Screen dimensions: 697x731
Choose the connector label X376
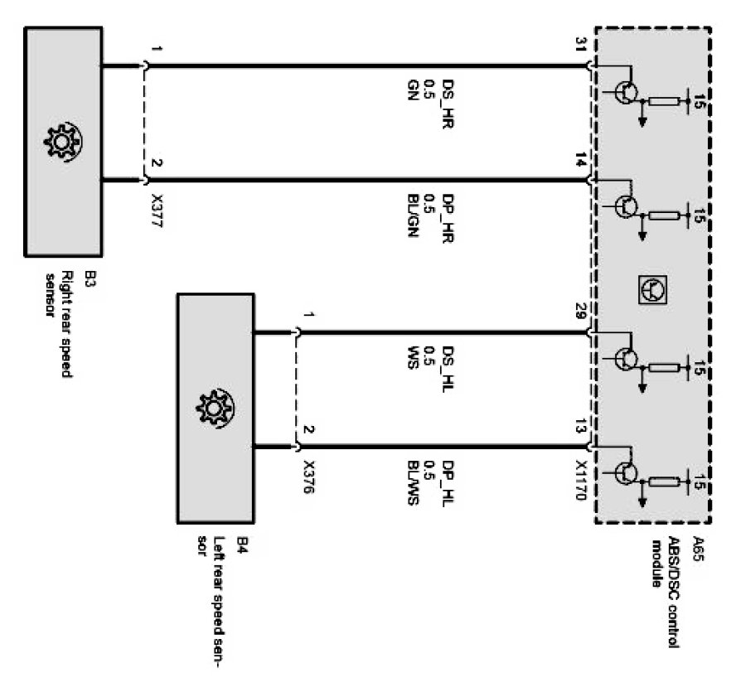click(x=309, y=480)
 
